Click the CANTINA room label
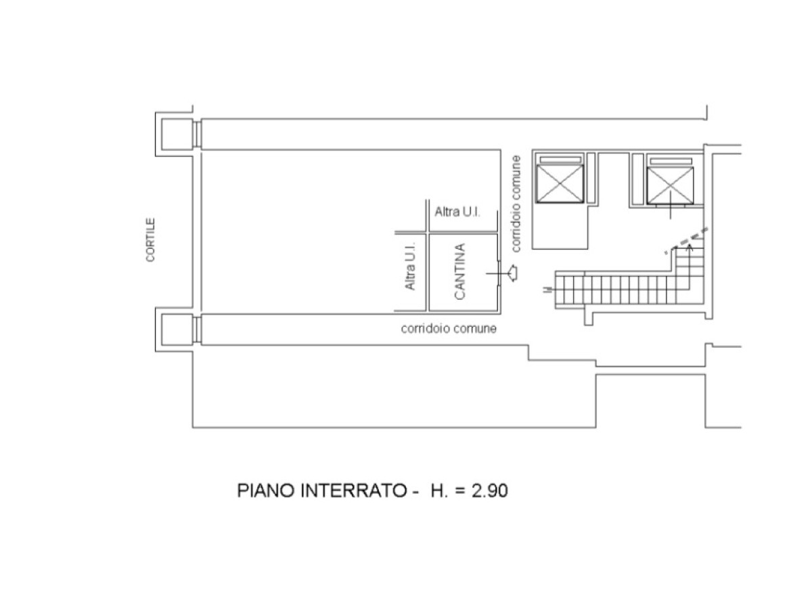[459, 271]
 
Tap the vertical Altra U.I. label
[409, 266]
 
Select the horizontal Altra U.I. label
[457, 212]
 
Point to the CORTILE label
[150, 240]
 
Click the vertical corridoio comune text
[516, 204]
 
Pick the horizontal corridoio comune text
[449, 328]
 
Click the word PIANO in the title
[266, 491]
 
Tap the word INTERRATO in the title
[354, 491]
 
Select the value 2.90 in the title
[489, 491]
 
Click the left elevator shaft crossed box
[560, 184]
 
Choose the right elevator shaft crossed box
[670, 185]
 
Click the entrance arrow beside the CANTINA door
[512, 273]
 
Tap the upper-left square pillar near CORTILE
[177, 134]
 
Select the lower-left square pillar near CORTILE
[177, 330]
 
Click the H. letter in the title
[438, 491]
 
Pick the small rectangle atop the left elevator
[560, 160]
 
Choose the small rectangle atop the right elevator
[671, 161]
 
